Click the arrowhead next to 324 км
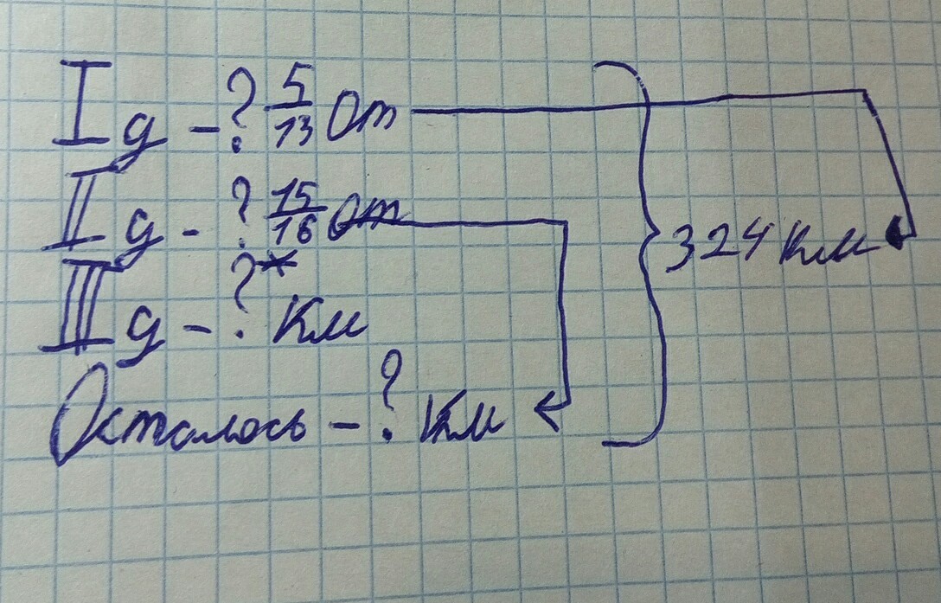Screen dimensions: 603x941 click(x=898, y=234)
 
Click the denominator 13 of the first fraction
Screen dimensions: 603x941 click(x=294, y=134)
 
